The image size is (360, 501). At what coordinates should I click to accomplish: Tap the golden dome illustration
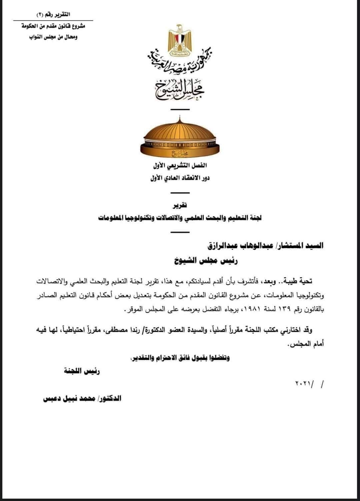pyautogui.click(x=180, y=137)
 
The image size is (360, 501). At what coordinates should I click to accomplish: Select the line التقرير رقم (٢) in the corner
pyautogui.click(x=53, y=14)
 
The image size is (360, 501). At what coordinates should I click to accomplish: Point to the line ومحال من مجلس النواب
pyautogui.click(x=53, y=37)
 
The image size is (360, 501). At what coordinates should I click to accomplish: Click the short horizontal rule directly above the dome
pyautogui.click(x=180, y=109)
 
